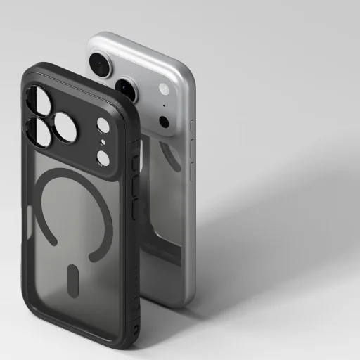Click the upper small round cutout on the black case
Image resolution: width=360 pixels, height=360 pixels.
pyautogui.click(x=103, y=127)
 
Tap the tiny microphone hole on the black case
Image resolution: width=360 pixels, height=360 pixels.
pyautogui.click(x=103, y=143)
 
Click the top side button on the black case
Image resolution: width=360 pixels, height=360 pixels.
pyautogui.click(x=136, y=163)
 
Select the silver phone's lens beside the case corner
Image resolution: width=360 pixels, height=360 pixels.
pyautogui.click(x=125, y=89)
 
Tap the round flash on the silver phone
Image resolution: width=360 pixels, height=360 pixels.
pyautogui.click(x=164, y=89)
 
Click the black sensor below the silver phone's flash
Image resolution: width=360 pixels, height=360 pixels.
pyautogui.click(x=165, y=121)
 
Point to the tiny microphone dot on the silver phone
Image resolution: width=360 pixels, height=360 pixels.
pyautogui.click(x=164, y=105)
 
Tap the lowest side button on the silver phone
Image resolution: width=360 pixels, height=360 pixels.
pyautogui.click(x=193, y=174)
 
